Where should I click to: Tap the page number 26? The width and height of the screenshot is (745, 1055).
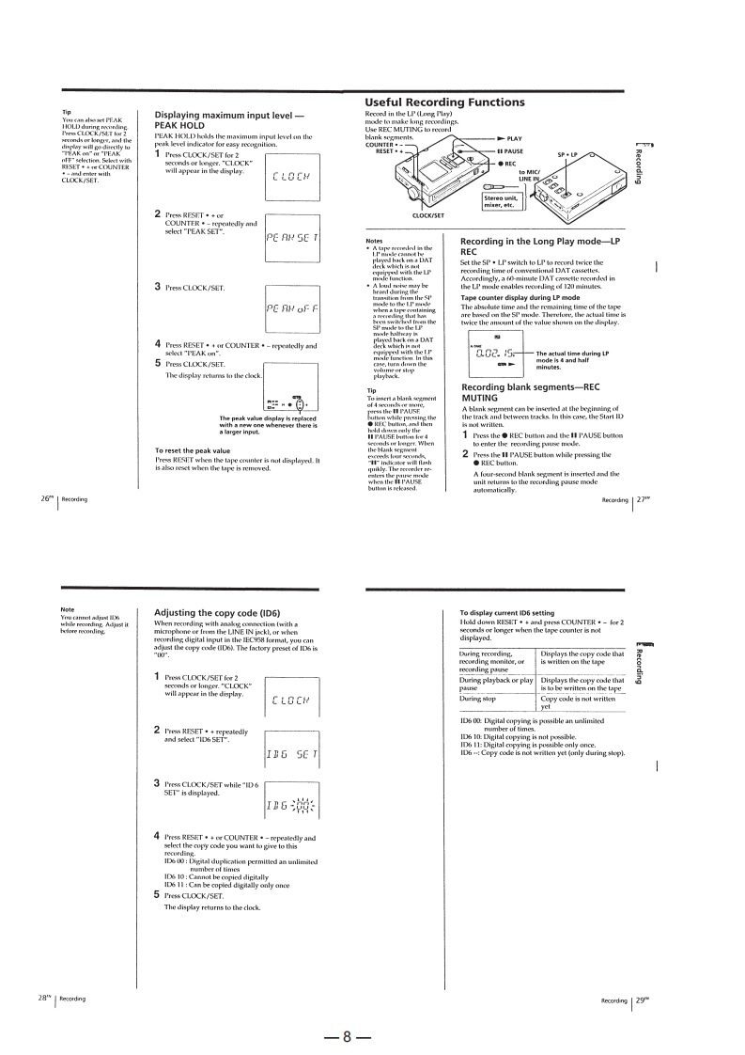[x=46, y=525]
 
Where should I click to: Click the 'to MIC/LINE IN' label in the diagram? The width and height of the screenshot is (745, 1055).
[x=534, y=176]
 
